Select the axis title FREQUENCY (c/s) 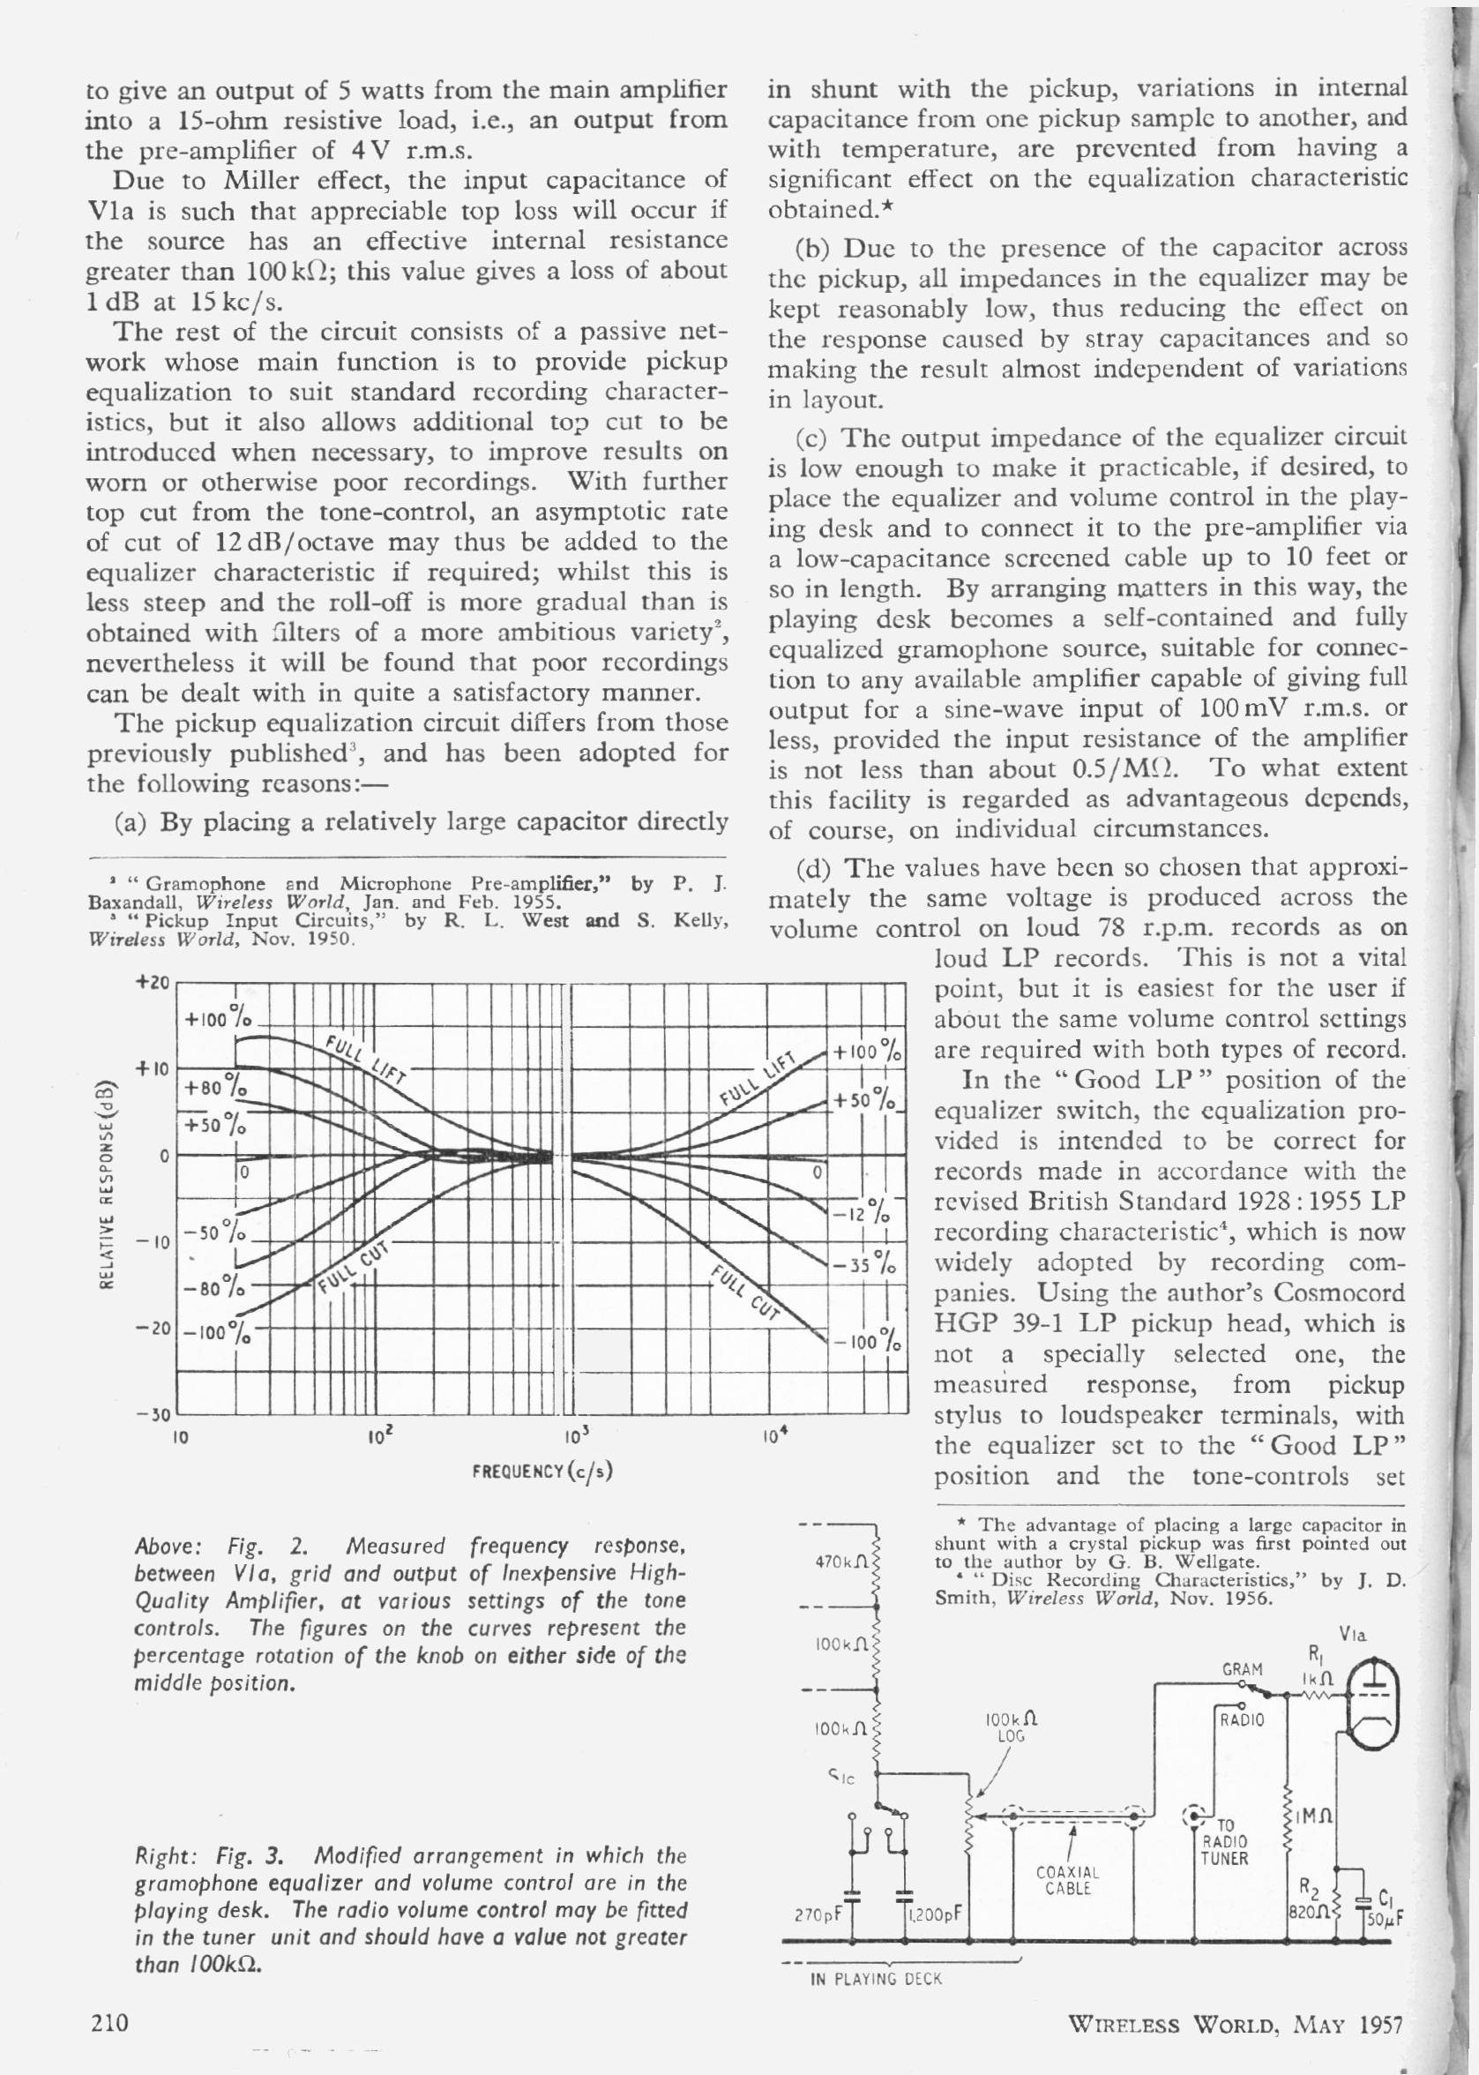tap(542, 1471)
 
